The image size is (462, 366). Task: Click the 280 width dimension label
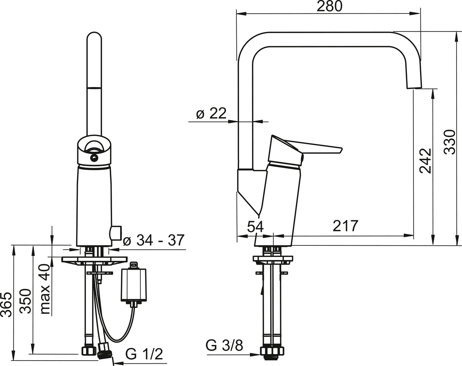[x=330, y=7]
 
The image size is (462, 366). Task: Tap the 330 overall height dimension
[x=450, y=142]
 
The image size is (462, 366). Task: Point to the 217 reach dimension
[x=345, y=226]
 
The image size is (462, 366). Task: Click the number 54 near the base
[x=256, y=227]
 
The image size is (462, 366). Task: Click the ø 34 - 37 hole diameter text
[x=154, y=240]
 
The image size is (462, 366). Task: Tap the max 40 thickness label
[x=45, y=290]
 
